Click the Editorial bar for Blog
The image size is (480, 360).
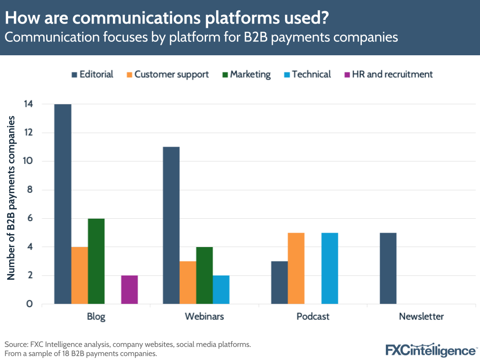63,204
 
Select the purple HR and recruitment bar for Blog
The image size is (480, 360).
129,289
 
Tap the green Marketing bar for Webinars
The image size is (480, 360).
204,275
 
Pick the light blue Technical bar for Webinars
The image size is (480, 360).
221,289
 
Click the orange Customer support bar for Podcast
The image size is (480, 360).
296,268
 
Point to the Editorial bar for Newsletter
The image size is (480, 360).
388,268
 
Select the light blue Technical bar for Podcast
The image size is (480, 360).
330,268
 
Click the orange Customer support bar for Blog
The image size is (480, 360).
79,275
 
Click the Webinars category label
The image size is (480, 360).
204,317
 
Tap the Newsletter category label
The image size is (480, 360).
421,317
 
